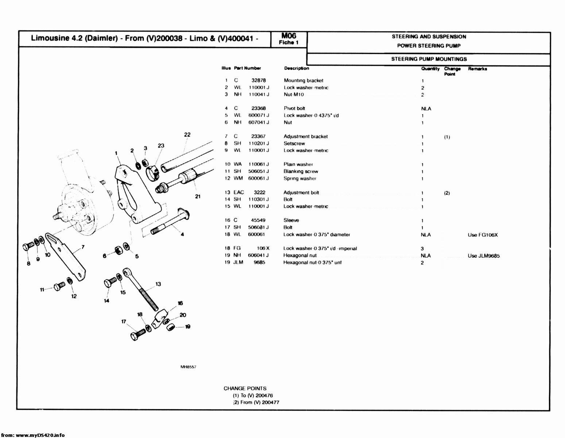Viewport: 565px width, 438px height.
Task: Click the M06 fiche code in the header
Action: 289,36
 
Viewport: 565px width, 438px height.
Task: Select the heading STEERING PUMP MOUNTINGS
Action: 429,59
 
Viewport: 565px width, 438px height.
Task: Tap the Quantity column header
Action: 430,69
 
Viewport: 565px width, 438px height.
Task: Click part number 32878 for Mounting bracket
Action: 259,81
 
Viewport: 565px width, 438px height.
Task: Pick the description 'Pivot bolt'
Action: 294,108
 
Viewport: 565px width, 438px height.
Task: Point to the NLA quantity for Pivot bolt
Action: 426,109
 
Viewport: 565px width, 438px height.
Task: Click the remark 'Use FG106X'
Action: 483,235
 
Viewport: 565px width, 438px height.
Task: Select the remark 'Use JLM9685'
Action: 484,256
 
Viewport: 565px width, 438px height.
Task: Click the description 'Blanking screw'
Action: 301,172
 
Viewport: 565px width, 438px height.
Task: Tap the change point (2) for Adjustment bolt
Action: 447,193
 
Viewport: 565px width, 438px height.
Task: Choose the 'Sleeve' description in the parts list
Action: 291,220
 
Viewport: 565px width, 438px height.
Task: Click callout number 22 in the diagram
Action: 187,135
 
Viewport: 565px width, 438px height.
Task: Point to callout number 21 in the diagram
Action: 197,196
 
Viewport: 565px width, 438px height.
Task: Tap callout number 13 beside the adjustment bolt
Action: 158,284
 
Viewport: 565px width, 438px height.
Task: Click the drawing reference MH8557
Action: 188,367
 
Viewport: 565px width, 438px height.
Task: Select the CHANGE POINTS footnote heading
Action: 245,388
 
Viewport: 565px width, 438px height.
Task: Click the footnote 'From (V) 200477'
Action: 259,403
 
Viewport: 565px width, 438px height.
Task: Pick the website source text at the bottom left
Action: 33,435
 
